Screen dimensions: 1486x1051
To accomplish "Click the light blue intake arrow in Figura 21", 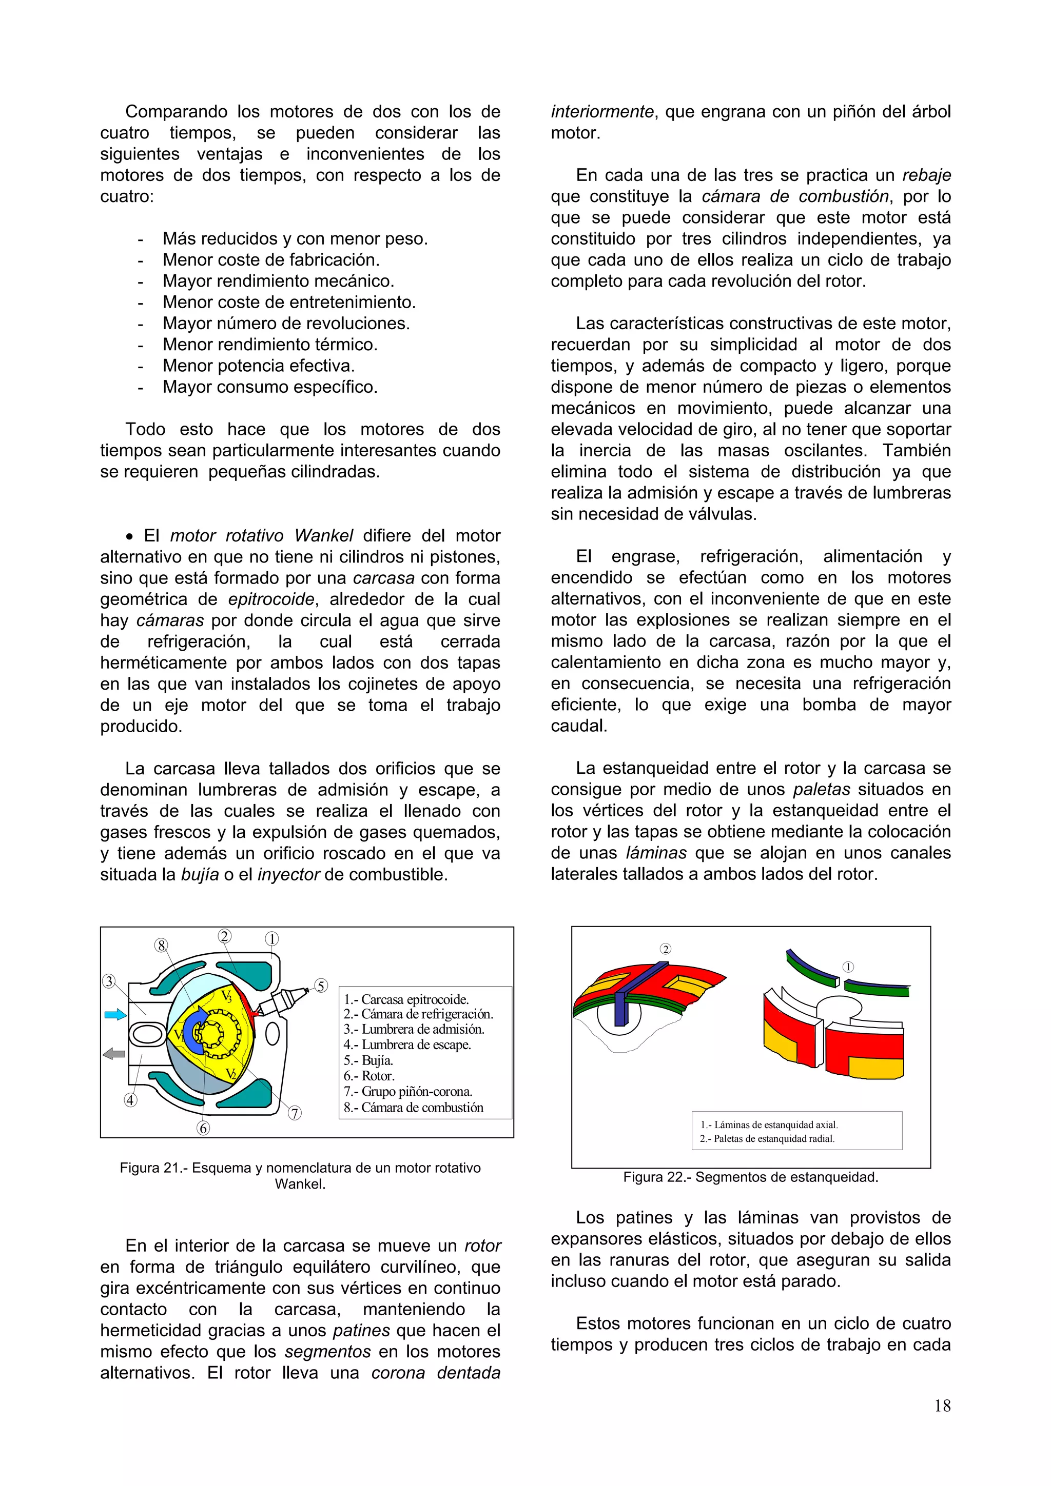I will point(115,1015).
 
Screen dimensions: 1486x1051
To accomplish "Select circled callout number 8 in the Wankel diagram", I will point(161,946).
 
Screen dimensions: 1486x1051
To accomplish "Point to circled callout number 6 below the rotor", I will point(203,1128).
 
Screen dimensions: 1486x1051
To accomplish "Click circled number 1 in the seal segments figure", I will point(848,967).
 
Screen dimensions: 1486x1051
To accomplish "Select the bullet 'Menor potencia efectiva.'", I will point(258,366).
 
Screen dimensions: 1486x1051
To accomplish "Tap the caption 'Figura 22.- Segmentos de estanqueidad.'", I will point(750,1177).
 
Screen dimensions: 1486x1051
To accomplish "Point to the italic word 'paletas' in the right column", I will point(821,789).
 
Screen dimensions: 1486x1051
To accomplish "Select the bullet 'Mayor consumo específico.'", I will point(269,387).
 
